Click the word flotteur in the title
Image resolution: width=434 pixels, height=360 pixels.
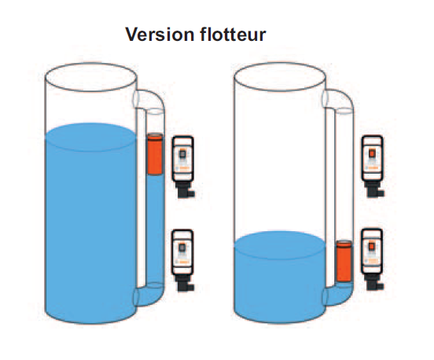(233, 35)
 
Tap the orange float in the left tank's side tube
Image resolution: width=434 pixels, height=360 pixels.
(155, 154)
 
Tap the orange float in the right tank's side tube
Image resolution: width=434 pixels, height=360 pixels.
(344, 262)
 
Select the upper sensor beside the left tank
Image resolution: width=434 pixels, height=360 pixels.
(182, 159)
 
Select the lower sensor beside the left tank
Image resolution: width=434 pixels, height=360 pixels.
(182, 252)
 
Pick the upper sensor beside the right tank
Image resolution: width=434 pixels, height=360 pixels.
(372, 158)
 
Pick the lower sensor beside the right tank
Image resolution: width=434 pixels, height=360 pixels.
(372, 252)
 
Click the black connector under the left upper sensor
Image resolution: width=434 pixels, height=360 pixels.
(184, 189)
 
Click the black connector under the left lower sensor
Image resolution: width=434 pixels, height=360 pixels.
(184, 283)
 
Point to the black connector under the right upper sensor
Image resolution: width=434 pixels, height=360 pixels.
(373, 189)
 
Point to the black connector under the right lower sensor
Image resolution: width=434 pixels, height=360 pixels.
(373, 282)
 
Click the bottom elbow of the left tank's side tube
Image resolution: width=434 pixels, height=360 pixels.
(151, 296)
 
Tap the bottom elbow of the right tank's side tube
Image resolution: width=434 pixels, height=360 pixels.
(340, 296)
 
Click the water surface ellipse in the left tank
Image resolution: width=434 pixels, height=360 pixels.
(90, 138)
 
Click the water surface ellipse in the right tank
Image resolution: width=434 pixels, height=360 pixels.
(280, 245)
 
